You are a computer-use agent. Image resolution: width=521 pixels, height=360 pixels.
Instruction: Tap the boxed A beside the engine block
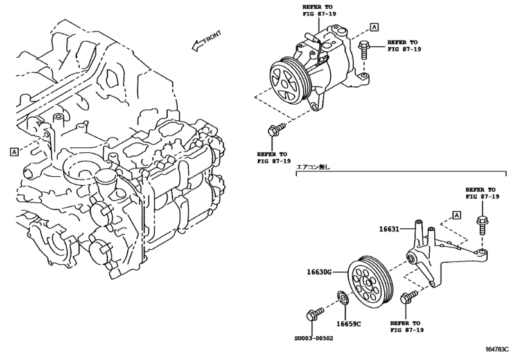pyautogui.click(x=13, y=152)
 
